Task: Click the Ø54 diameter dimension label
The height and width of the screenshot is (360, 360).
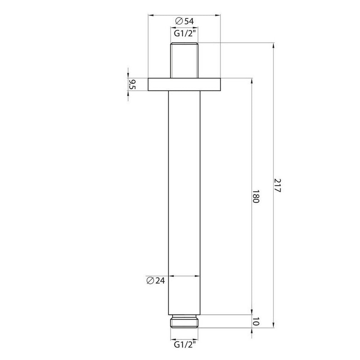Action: (184, 22)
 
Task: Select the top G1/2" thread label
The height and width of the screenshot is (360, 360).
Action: (184, 33)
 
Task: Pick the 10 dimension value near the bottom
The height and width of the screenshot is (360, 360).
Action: (256, 321)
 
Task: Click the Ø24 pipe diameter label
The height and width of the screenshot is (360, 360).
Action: (156, 281)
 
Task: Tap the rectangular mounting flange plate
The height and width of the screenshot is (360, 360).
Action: (184, 84)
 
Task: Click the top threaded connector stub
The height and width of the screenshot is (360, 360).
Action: (184, 60)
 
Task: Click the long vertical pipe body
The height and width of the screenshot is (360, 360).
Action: (184, 198)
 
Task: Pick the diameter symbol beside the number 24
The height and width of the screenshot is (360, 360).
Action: (150, 281)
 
